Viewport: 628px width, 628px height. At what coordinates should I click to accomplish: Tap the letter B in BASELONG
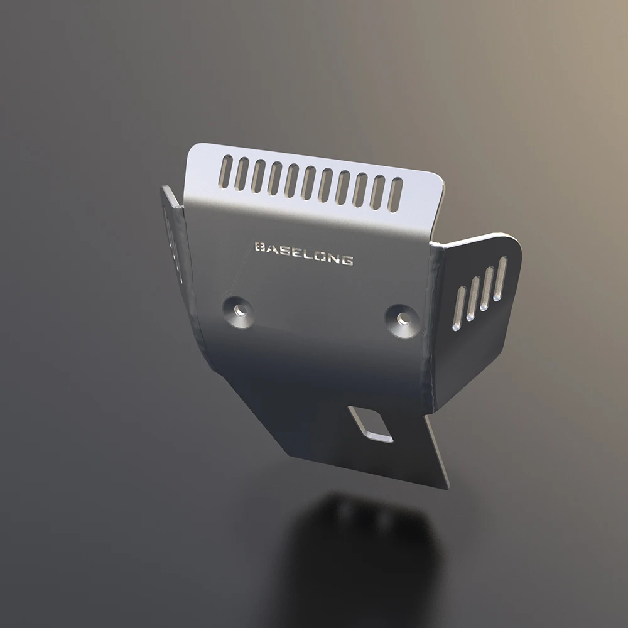(258, 247)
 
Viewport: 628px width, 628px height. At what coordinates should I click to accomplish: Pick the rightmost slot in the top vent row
(396, 194)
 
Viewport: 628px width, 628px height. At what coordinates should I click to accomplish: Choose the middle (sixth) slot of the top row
(308, 181)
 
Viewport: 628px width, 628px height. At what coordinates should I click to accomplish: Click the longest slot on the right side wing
(500, 278)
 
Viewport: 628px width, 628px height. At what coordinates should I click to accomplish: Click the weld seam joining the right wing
(433, 327)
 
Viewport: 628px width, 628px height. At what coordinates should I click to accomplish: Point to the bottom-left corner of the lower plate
(289, 453)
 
